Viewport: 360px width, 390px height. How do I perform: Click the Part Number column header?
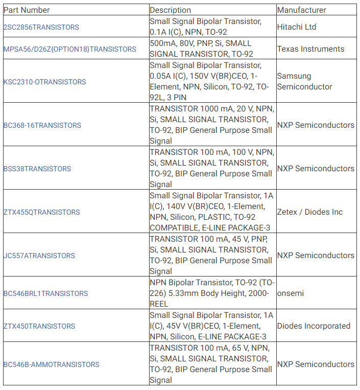(x=27, y=10)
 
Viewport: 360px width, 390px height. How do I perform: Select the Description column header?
(x=171, y=10)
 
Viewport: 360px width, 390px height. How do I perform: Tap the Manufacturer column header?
(x=302, y=10)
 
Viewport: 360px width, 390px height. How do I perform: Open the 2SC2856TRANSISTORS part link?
(x=41, y=27)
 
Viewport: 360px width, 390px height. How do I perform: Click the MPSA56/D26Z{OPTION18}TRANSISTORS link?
(x=70, y=49)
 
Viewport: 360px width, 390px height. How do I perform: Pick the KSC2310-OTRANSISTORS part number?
(x=45, y=82)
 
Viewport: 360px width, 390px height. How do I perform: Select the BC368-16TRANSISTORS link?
(x=42, y=125)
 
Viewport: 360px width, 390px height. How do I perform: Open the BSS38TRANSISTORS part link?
(x=37, y=169)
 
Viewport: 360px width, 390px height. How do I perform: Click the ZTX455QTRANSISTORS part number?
(x=42, y=212)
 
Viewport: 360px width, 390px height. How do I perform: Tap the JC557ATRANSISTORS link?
(x=39, y=256)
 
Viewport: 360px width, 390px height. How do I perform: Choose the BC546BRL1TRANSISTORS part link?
(x=46, y=293)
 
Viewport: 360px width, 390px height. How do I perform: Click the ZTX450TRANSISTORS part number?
(x=39, y=326)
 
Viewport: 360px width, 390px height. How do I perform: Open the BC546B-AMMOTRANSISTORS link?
(x=52, y=364)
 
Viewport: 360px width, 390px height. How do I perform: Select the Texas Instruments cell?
(x=311, y=49)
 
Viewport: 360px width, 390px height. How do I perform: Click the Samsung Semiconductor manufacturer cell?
(x=305, y=82)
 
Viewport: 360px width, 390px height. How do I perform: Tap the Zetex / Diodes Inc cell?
(x=310, y=212)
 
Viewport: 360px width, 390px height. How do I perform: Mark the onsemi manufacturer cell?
(x=291, y=293)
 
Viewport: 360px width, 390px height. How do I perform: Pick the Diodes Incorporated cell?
(x=314, y=326)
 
